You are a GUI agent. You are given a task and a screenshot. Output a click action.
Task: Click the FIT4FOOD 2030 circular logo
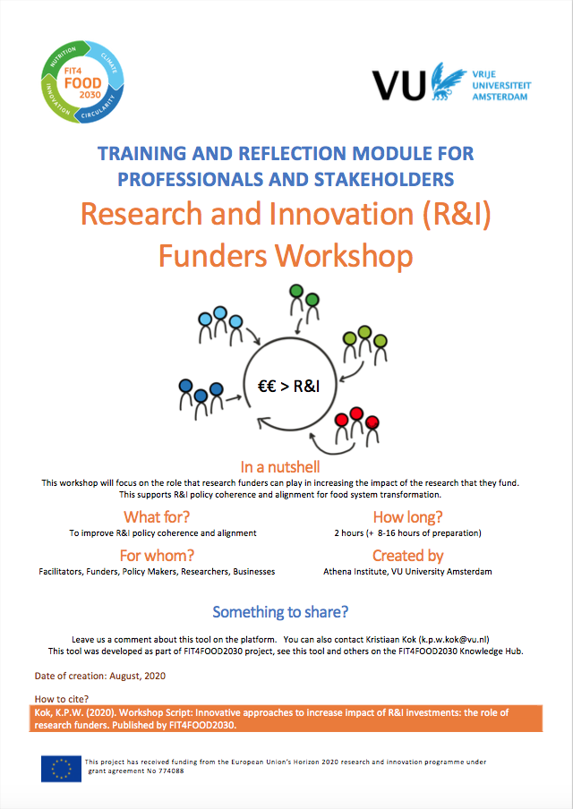click(x=82, y=81)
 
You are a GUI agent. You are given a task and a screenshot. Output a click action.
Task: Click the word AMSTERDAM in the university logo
click(x=500, y=97)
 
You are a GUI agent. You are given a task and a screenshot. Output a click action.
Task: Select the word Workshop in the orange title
click(x=344, y=255)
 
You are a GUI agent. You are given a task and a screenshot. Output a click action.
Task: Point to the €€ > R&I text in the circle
click(x=288, y=386)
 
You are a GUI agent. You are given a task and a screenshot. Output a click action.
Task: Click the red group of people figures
click(x=356, y=427)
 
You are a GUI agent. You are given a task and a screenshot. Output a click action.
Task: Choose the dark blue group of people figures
click(x=201, y=398)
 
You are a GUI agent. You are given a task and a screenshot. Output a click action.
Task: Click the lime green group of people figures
click(x=365, y=345)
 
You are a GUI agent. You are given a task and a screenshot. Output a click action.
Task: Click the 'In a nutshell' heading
click(x=280, y=467)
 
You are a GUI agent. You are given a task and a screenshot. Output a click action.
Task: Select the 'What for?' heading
click(x=157, y=516)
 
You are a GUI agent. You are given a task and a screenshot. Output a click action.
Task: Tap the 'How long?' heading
click(x=407, y=516)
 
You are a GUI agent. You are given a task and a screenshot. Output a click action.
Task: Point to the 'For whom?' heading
click(x=157, y=556)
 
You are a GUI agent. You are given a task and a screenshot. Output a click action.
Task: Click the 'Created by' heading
click(x=407, y=556)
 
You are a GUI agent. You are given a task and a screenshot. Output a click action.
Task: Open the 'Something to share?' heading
click(x=280, y=612)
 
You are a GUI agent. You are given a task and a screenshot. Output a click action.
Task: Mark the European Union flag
click(x=62, y=769)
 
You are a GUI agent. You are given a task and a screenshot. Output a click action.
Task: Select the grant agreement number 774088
click(x=170, y=771)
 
